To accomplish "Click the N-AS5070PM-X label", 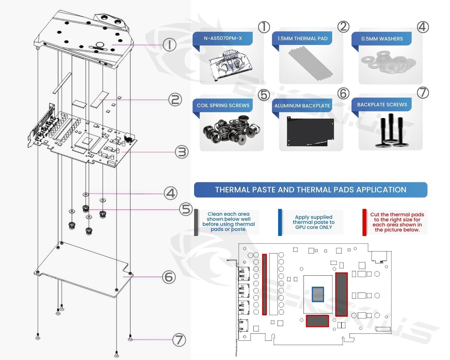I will coord(223,38).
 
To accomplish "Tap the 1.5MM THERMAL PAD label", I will coord(302,39).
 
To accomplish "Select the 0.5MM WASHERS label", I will coord(382,39).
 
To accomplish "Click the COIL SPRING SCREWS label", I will coord(223,105).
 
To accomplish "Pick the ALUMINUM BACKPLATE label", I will coord(302,106).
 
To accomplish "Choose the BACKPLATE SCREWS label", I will coord(382,105).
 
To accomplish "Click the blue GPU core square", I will coord(318,294).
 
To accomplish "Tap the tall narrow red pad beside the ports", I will coord(264,284).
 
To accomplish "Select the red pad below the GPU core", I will coord(317,321).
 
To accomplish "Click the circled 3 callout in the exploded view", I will coord(182,152).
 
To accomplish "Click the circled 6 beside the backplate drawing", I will coord(169,277).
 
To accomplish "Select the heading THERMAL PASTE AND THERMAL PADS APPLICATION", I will coord(310,190).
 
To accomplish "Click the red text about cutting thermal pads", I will coord(397,222).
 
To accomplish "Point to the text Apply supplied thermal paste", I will coord(314,222).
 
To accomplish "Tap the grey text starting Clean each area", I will coord(228,222).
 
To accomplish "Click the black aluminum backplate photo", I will coord(310,131).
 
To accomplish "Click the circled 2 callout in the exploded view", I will coord(175,100).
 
